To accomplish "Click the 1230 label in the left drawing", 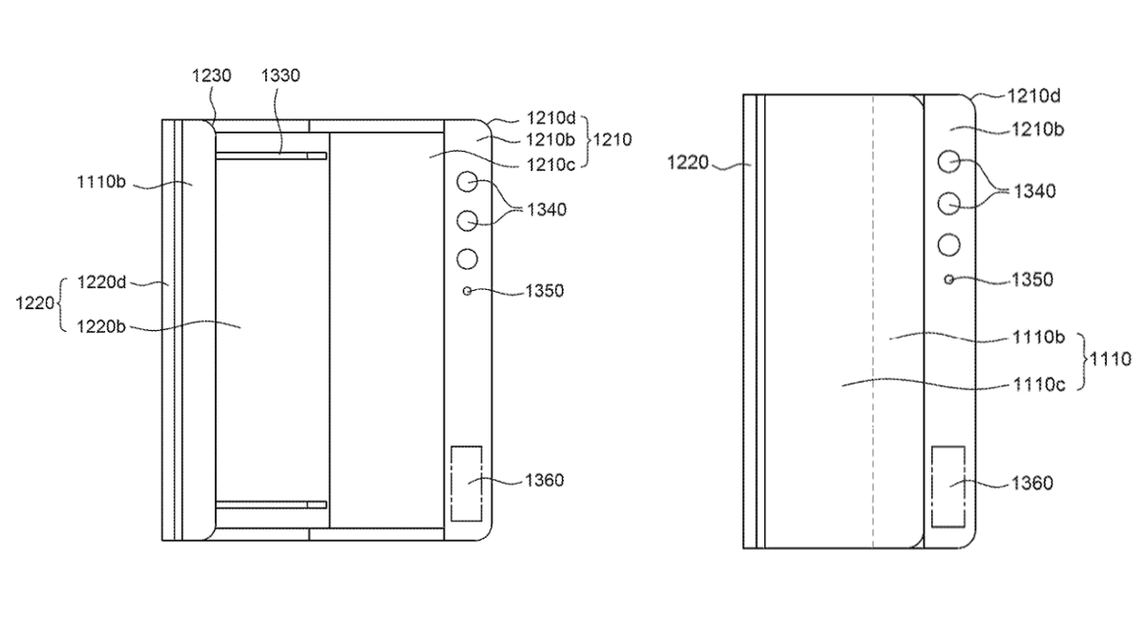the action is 211,75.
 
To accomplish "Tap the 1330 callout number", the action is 281,75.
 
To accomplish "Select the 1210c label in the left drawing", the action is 551,164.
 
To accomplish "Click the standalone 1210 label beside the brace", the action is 613,139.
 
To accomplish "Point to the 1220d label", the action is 101,282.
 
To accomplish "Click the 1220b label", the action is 101,326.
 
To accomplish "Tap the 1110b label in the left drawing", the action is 101,182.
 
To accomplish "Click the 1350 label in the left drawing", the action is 545,291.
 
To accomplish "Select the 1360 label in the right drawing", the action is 1032,483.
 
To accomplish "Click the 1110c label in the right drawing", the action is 1039,384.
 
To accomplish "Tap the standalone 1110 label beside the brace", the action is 1111,360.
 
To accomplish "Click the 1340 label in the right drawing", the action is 1034,191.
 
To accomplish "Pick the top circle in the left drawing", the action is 467,181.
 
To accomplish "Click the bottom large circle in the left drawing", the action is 467,260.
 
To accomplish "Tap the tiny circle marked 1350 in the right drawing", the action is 948,280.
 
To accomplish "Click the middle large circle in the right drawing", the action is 948,203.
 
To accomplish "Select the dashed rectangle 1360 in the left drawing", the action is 467,484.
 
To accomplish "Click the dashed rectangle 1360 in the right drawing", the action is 948,487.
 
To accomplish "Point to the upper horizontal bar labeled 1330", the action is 271,156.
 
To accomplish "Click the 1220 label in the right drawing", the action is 688,163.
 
